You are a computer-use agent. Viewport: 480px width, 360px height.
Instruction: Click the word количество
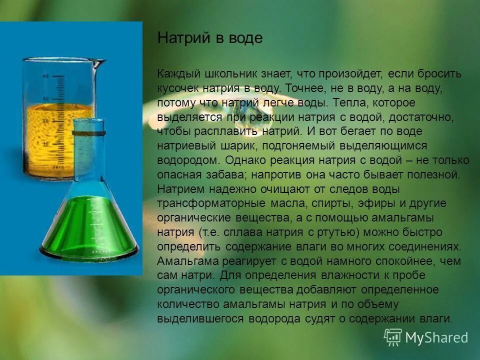181,304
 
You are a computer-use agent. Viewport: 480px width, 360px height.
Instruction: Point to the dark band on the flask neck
88,133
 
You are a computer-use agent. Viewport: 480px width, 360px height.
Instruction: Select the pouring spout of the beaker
100,62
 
